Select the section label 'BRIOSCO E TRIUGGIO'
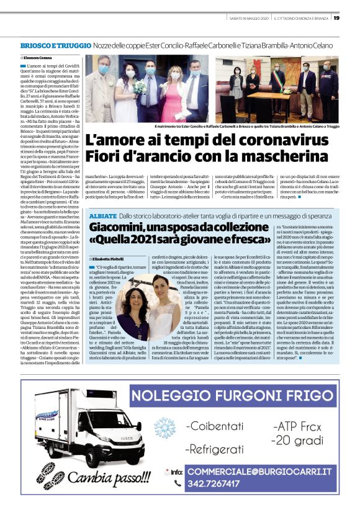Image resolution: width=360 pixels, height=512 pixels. click(x=52, y=47)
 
